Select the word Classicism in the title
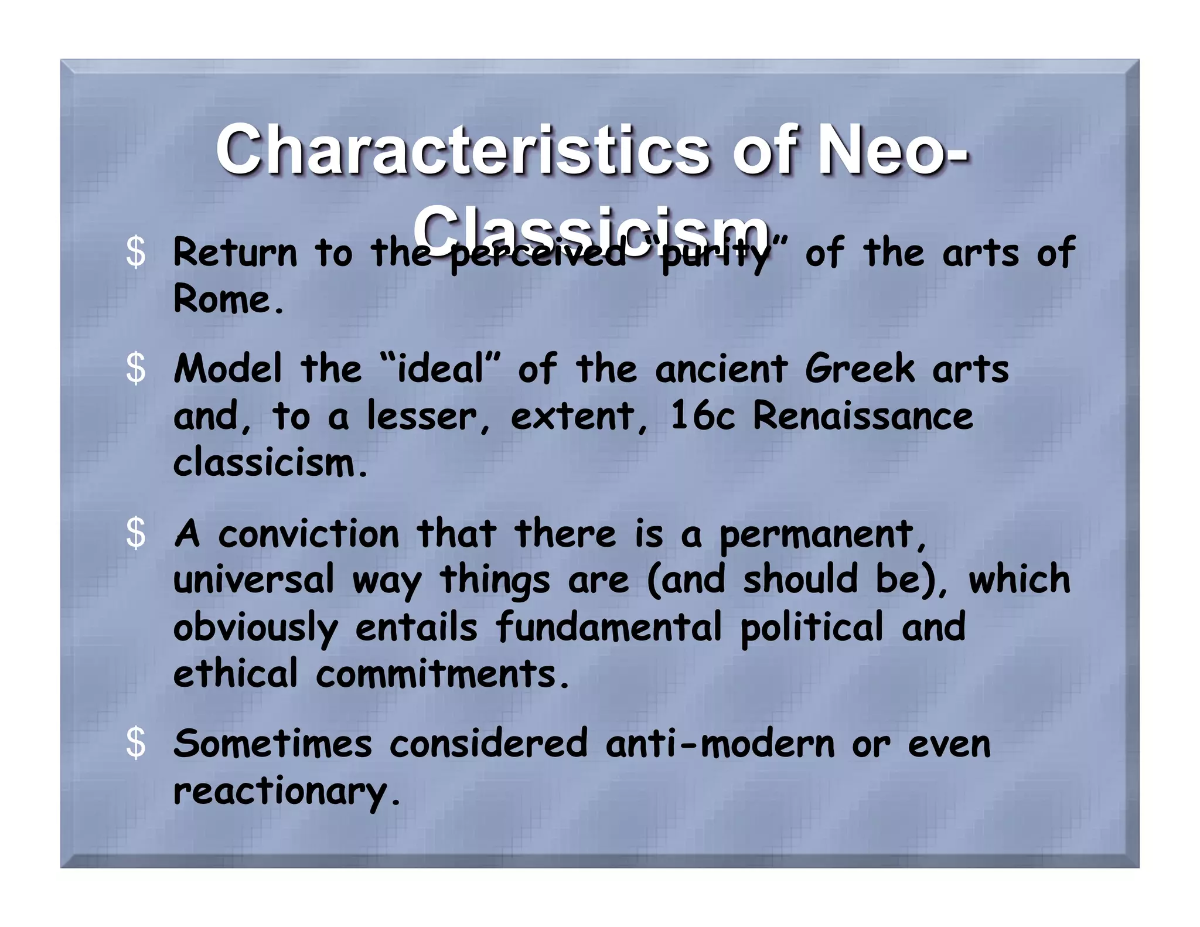(x=592, y=230)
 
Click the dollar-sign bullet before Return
(x=136, y=253)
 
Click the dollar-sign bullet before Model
(x=136, y=369)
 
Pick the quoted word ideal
(x=441, y=369)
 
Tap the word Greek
(x=859, y=369)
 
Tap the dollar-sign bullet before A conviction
(x=136, y=534)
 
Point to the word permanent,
(x=823, y=535)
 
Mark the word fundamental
(x=609, y=626)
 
